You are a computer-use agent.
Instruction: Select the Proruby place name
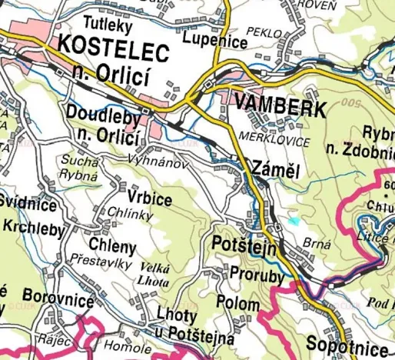click(257, 275)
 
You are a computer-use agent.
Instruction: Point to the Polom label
click(238, 303)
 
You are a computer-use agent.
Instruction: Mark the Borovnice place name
click(58, 295)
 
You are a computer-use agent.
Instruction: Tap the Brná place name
click(316, 243)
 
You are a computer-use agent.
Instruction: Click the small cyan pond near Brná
click(294, 221)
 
